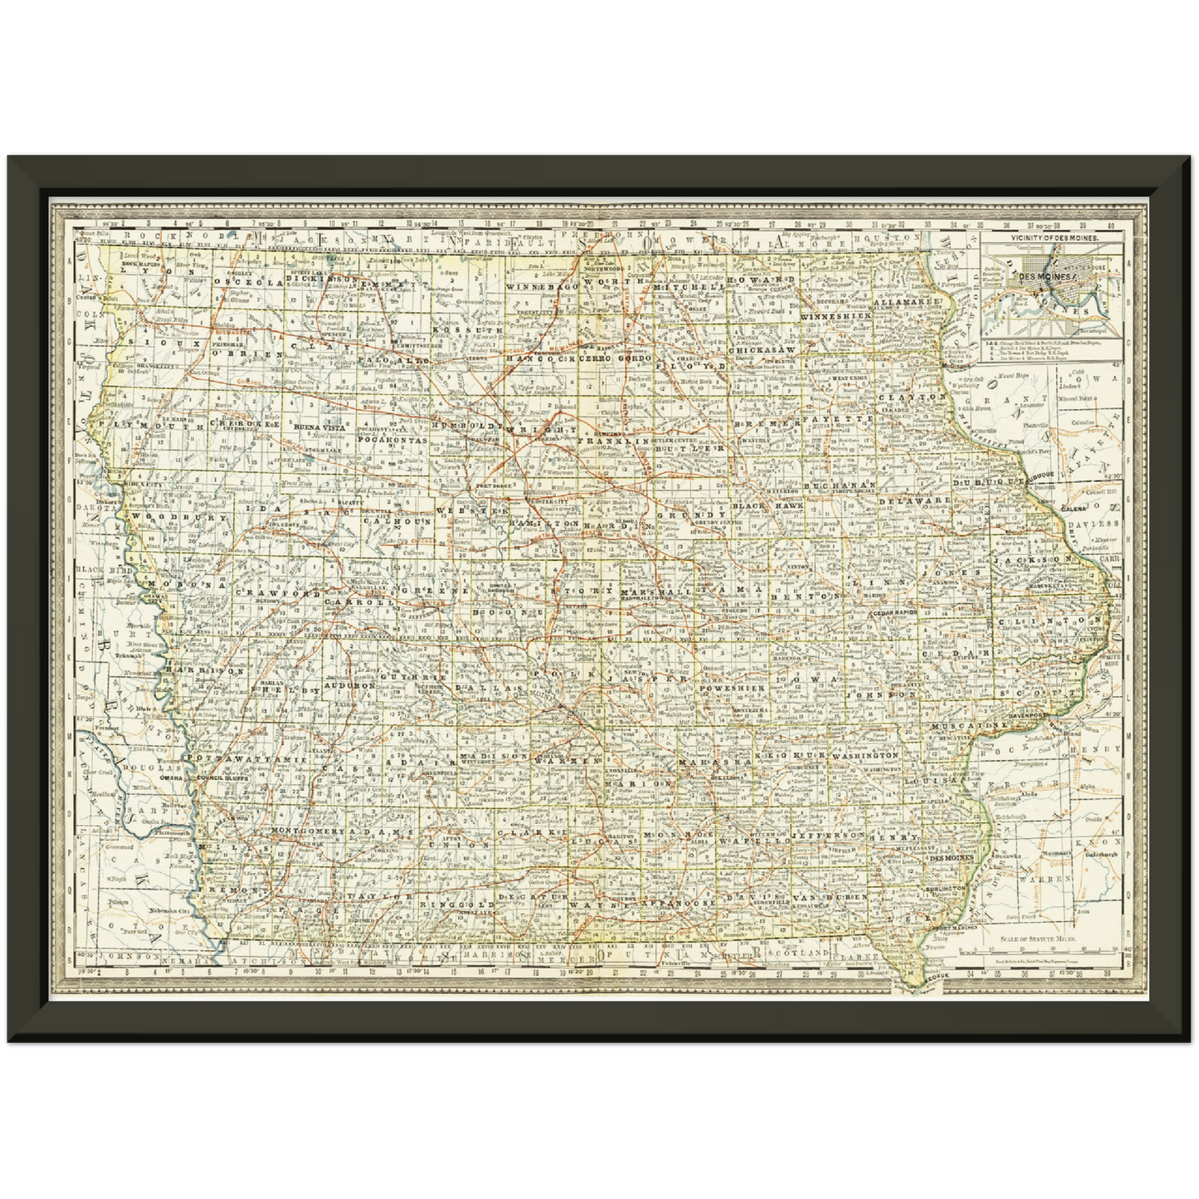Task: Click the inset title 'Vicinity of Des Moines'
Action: point(1054,237)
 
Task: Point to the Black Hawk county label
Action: point(767,505)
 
